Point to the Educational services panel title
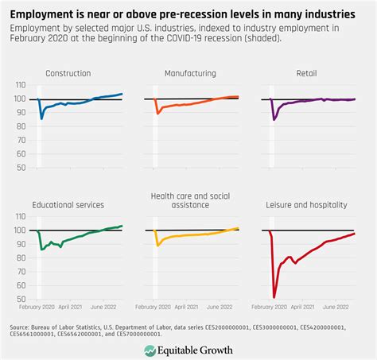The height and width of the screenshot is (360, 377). click(x=68, y=204)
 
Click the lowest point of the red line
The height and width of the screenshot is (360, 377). click(x=274, y=296)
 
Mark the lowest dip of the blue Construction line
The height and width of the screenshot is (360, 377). click(x=41, y=118)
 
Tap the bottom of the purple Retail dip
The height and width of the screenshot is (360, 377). click(x=275, y=120)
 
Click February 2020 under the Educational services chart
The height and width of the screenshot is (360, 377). click(x=36, y=307)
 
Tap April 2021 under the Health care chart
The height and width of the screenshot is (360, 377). click(x=188, y=307)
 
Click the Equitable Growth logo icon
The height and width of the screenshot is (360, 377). click(x=150, y=350)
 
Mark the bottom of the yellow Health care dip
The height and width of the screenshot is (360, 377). click(x=158, y=245)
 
